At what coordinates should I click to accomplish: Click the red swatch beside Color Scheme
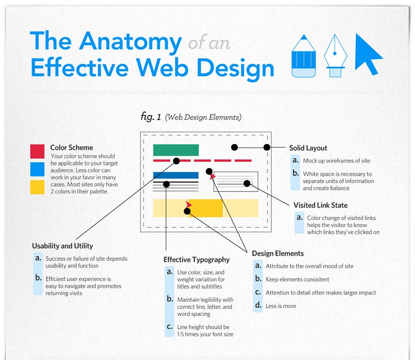pyautogui.click(x=37, y=151)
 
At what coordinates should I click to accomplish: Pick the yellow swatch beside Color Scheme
pyautogui.click(x=37, y=187)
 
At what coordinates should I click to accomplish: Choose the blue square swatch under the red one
pyautogui.click(x=37, y=169)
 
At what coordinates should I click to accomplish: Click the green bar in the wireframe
pyautogui.click(x=176, y=150)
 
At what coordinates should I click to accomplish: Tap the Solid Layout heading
pyautogui.click(x=308, y=148)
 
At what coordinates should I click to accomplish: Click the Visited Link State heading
pyautogui.click(x=320, y=205)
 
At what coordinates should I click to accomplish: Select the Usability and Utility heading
pyautogui.click(x=62, y=246)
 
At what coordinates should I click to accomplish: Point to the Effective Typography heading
pyautogui.click(x=196, y=259)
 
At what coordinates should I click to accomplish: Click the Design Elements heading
pyautogui.click(x=278, y=253)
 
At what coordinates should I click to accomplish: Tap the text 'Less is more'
pyautogui.click(x=281, y=306)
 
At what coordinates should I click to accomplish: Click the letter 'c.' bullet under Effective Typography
pyautogui.click(x=170, y=326)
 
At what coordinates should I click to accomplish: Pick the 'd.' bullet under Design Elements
pyautogui.click(x=258, y=306)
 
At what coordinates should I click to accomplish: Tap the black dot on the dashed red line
pyautogui.click(x=176, y=161)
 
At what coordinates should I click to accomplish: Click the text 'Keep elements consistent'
pyautogui.click(x=297, y=279)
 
